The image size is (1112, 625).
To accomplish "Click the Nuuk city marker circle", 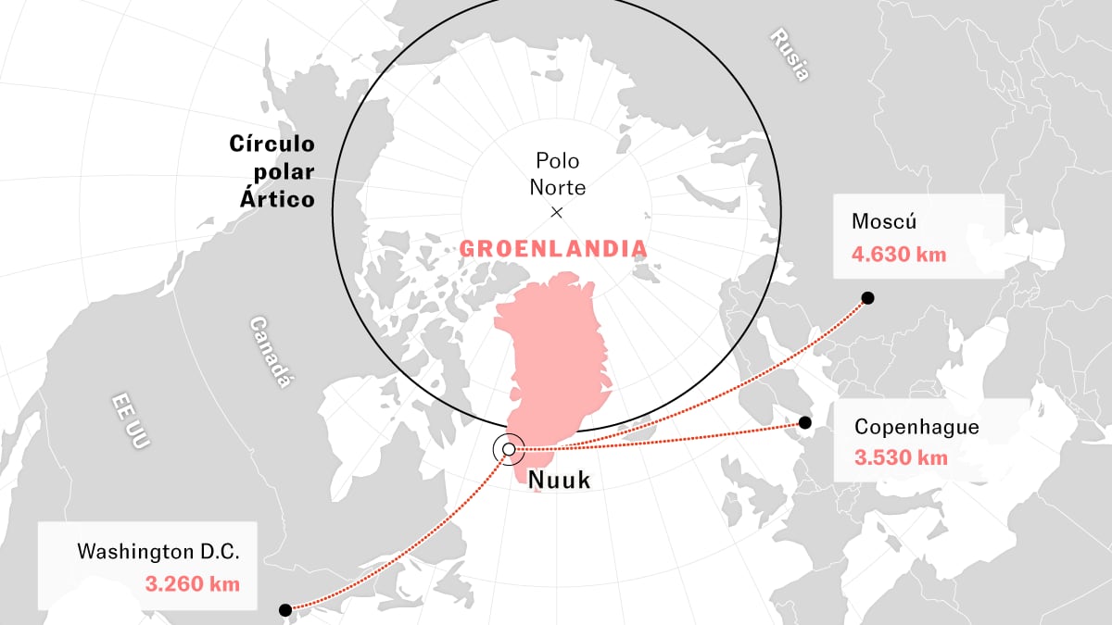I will [508, 449].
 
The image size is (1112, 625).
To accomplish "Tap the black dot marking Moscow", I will [867, 297].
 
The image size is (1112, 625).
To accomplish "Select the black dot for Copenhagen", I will [805, 423].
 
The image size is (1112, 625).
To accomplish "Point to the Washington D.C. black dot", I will [285, 609].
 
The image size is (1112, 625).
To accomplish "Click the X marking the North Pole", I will [557, 212].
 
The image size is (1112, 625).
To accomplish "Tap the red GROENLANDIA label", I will [553, 249].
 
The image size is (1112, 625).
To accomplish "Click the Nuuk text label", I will [558, 480].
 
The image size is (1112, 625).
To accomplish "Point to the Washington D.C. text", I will [158, 552].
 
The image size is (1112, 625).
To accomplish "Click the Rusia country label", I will [790, 56].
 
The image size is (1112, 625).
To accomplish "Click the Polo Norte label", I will [557, 174].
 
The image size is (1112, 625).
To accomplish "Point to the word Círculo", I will [272, 144].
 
